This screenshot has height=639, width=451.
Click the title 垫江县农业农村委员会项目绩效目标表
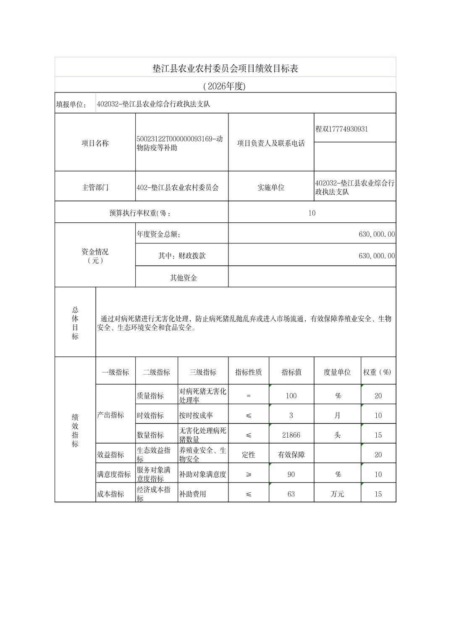tap(225, 69)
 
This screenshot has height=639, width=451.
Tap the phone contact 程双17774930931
tap(341, 129)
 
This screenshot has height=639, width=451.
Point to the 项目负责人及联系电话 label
tap(271, 143)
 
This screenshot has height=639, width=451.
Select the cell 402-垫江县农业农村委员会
tap(178, 187)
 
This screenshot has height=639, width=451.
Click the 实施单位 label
tap(271, 187)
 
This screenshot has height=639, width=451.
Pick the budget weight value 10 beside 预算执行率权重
tap(312, 213)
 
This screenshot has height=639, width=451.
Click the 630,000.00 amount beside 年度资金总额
tap(376, 234)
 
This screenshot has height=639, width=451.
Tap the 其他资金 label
tap(184, 278)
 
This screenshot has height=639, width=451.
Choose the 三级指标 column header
tap(203, 372)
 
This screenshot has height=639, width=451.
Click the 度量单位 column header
tap(337, 372)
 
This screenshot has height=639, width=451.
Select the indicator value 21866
tap(291, 435)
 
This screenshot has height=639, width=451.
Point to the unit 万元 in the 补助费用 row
tap(337, 494)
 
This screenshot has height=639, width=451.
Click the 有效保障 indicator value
tap(291, 455)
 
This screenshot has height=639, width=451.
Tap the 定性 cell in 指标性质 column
tap(249, 455)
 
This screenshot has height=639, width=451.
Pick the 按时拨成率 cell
tap(196, 415)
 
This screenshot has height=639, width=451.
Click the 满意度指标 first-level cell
tap(114, 474)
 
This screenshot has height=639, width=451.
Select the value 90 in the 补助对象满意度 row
tap(291, 474)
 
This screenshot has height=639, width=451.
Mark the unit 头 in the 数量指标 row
tap(337, 435)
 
